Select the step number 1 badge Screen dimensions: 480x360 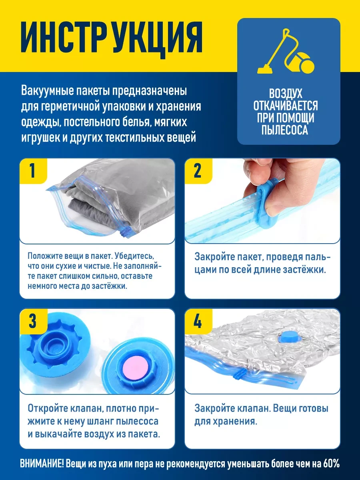point(33,171)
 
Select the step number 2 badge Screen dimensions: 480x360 point(198,171)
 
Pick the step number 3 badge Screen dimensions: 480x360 point(33,321)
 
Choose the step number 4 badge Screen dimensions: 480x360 point(198,321)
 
